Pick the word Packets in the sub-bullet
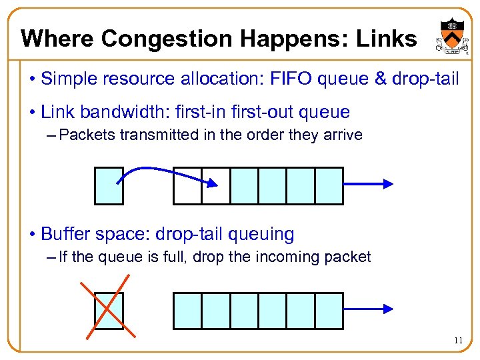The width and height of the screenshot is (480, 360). pyautogui.click(x=88, y=135)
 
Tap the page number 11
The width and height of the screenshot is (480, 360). pyautogui.click(x=457, y=341)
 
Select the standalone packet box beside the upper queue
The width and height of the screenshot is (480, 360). pyautogui.click(x=108, y=185)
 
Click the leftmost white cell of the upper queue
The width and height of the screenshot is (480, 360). pyautogui.click(x=187, y=185)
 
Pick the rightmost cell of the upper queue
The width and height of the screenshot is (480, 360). pyautogui.click(x=329, y=185)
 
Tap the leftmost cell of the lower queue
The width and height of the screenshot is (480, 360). pyautogui.click(x=187, y=311)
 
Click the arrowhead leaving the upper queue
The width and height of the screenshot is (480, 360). pyautogui.click(x=388, y=185)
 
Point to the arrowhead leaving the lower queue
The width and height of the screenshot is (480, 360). pyautogui.click(x=388, y=310)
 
